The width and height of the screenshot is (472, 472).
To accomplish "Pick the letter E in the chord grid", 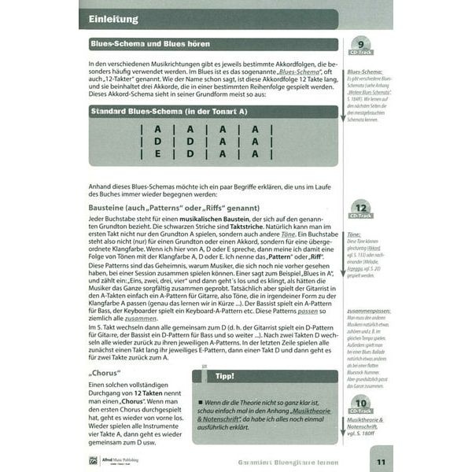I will tap(158, 154).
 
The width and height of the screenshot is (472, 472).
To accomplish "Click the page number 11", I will tap(380, 461).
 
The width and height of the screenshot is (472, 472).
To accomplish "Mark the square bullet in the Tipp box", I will tap(201, 403).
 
